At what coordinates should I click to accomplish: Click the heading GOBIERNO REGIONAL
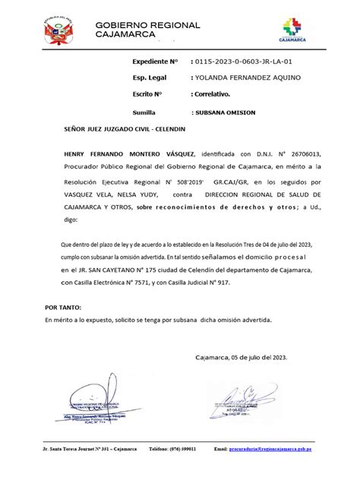148,25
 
